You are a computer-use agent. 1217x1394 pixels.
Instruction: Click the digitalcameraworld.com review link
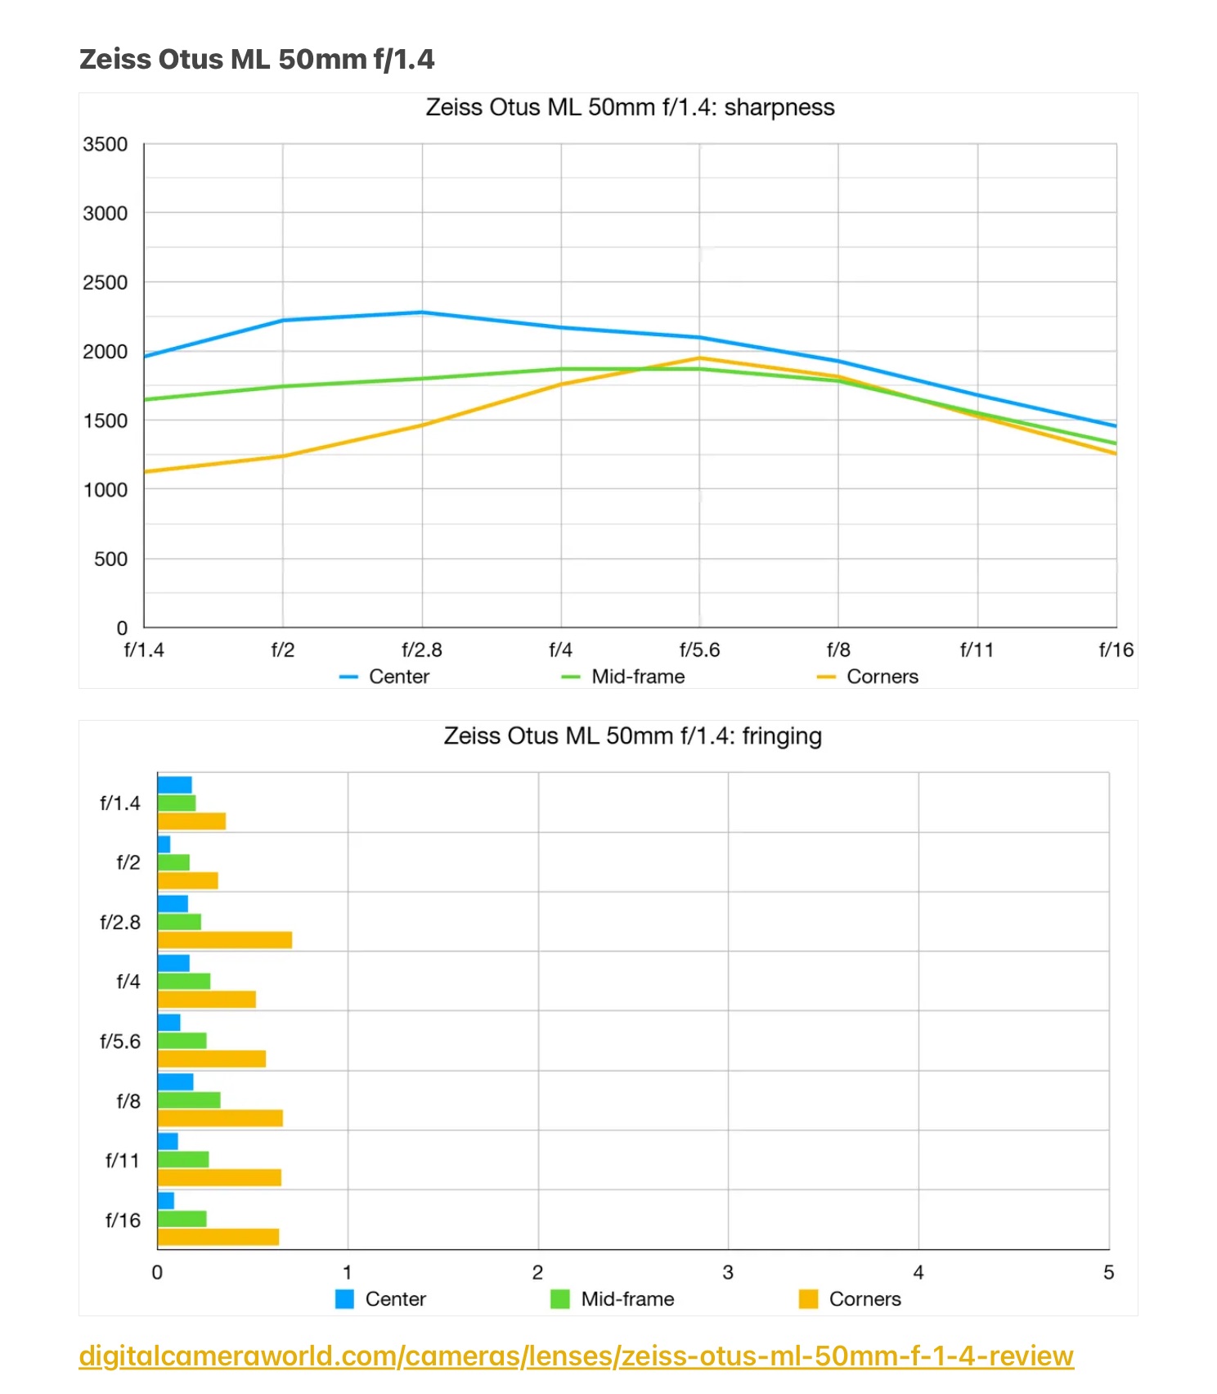pyautogui.click(x=576, y=1356)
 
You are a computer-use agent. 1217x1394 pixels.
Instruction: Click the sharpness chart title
pyautogui.click(x=630, y=108)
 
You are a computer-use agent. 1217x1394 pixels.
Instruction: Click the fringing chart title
pyautogui.click(x=632, y=736)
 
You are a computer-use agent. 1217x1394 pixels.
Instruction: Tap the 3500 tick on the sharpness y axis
pyautogui.click(x=106, y=145)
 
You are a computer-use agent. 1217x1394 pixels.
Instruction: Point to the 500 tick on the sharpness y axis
pyautogui.click(x=110, y=560)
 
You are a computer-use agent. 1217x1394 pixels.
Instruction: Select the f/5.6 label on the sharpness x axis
pyautogui.click(x=699, y=650)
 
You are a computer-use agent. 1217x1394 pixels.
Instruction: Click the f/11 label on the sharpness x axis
pyautogui.click(x=977, y=650)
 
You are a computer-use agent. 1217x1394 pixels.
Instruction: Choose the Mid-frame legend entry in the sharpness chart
pyautogui.click(x=637, y=677)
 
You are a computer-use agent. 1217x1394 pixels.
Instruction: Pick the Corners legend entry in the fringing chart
pyautogui.click(x=864, y=1299)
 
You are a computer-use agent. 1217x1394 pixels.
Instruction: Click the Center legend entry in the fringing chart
pyautogui.click(x=395, y=1299)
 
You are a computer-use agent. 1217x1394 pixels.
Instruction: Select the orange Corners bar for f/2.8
pyautogui.click(x=225, y=940)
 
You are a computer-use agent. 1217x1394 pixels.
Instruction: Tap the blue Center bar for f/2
pyautogui.click(x=164, y=844)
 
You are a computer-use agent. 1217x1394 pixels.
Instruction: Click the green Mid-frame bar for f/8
pyautogui.click(x=189, y=1100)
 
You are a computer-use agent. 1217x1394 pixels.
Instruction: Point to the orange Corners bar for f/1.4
pyautogui.click(x=191, y=821)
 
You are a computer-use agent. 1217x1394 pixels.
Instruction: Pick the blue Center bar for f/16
pyautogui.click(x=166, y=1201)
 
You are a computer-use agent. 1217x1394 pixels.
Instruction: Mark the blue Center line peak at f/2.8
pyautogui.click(x=422, y=313)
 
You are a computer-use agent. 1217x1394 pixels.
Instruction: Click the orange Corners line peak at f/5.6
pyautogui.click(x=699, y=358)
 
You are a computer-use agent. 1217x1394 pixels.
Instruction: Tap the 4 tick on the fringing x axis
pyautogui.click(x=918, y=1273)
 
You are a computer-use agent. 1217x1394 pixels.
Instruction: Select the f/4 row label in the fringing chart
pyautogui.click(x=128, y=982)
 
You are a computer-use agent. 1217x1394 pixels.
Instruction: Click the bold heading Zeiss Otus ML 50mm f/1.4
pyautogui.click(x=257, y=60)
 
